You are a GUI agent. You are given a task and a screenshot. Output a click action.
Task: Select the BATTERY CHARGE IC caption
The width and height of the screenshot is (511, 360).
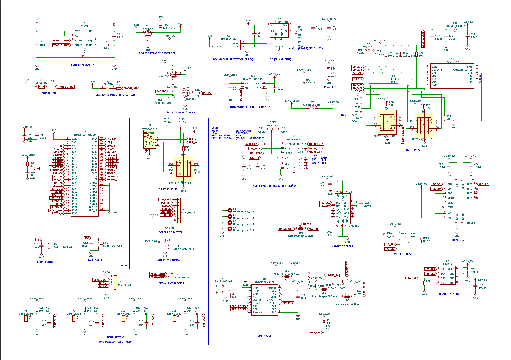click(x=82, y=65)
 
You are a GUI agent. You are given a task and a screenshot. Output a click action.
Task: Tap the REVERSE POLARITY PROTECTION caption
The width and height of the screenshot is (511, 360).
click(x=157, y=53)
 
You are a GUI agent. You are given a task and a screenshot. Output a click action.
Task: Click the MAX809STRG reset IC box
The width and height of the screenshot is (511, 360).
click(x=228, y=45)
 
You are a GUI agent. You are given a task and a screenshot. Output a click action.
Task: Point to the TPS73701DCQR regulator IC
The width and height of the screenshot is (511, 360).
click(x=279, y=30)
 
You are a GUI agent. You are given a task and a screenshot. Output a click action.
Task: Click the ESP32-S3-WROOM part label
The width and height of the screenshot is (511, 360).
click(x=85, y=135)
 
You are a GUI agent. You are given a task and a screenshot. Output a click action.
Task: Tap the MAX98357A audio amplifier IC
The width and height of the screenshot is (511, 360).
click(x=294, y=155)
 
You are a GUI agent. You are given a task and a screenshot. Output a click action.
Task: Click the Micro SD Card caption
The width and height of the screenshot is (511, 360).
click(x=414, y=150)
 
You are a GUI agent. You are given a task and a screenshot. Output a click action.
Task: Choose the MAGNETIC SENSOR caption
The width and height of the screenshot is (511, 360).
click(x=342, y=246)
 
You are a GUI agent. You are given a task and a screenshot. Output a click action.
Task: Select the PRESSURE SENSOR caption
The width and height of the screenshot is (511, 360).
click(x=448, y=294)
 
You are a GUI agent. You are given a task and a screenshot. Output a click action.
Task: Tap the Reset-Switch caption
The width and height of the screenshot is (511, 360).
click(x=45, y=262)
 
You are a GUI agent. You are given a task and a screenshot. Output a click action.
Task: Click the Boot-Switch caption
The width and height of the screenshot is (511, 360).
click(x=95, y=260)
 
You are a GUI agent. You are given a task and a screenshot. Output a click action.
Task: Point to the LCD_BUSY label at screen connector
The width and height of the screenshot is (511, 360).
click(x=165, y=200)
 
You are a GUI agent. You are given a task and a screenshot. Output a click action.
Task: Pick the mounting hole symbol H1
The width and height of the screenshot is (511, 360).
click(x=230, y=210)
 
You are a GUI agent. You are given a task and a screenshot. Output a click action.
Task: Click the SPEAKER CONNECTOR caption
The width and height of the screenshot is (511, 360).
click(x=171, y=283)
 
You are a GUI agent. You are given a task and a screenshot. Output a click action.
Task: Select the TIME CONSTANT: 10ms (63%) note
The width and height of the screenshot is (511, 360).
click(x=116, y=342)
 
